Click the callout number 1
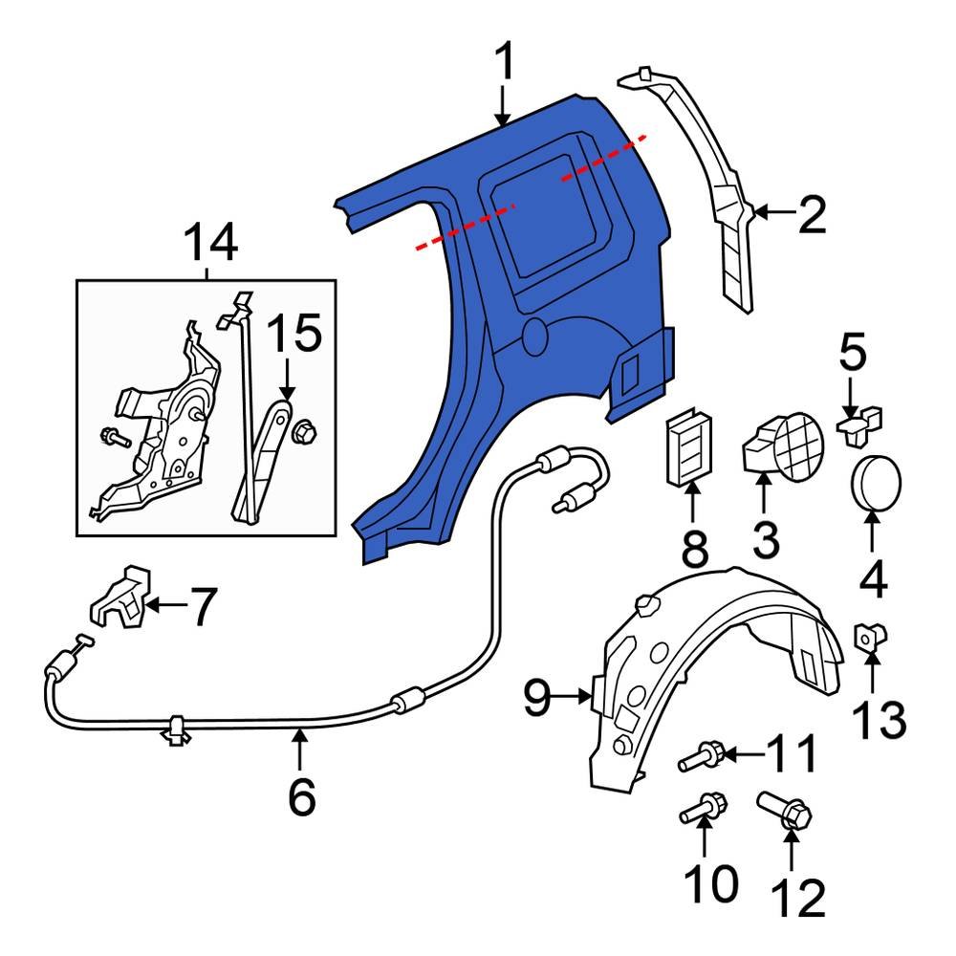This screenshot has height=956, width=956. [504, 63]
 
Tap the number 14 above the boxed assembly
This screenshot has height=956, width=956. [210, 245]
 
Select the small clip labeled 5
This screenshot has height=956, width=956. [859, 421]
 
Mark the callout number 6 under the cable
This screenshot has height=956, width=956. [301, 797]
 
